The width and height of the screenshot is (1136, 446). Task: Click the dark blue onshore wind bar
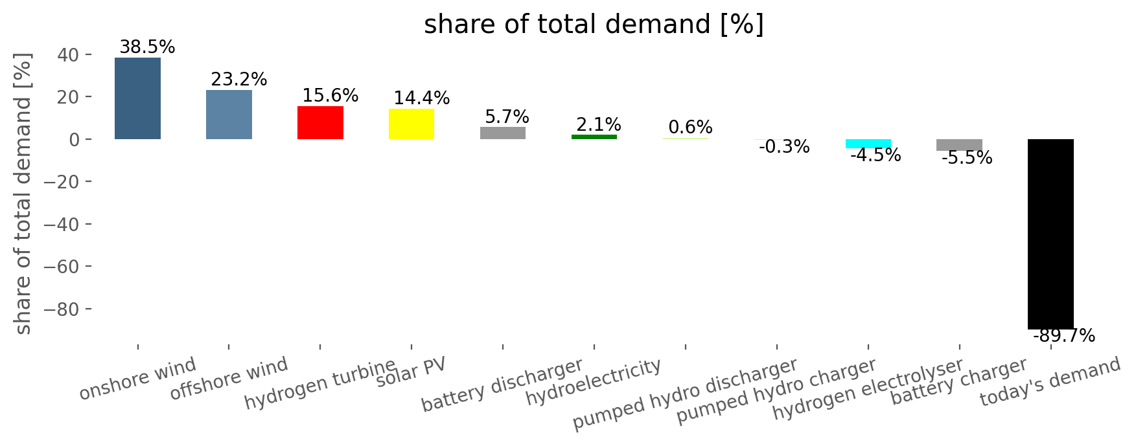tap(137, 98)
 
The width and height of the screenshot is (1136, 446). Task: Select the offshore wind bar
tap(229, 115)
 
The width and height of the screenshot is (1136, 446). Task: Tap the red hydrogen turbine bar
tap(320, 122)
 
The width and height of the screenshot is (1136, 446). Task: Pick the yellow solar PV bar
tap(412, 124)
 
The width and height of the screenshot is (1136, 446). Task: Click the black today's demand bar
tap(1050, 234)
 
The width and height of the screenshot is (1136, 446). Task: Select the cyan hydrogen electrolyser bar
tap(868, 144)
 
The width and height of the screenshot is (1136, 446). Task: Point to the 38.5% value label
tap(147, 47)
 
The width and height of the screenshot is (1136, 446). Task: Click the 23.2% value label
tap(238, 80)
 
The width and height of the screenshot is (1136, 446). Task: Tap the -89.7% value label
tap(1064, 336)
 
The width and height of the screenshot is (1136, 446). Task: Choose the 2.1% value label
tap(599, 124)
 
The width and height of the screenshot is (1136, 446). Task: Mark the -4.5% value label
tap(875, 155)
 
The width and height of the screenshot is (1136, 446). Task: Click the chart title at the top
tap(594, 25)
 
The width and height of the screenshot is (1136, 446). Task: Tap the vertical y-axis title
tap(23, 194)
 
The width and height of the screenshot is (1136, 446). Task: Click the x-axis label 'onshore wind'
tap(137, 379)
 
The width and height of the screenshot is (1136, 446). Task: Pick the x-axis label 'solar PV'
tap(412, 373)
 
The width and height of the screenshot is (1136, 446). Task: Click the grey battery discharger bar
tap(503, 133)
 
